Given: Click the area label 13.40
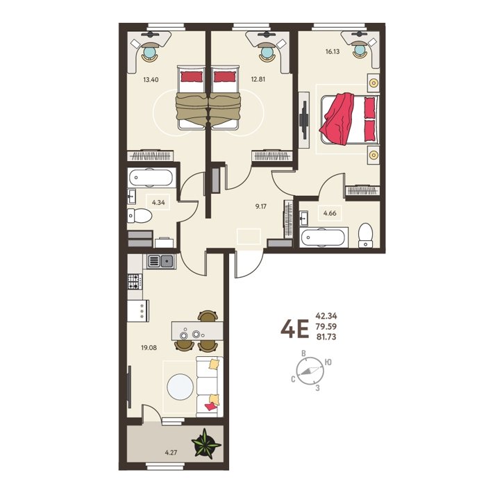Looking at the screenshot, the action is [x=151, y=80].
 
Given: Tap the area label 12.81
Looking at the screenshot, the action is [x=258, y=79].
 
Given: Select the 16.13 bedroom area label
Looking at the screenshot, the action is [x=333, y=51].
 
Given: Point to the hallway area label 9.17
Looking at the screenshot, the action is [x=261, y=206].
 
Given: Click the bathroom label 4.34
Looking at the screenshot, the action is [x=158, y=203].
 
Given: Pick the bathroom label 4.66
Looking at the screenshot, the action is [x=330, y=213].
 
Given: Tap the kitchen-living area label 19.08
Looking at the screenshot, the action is [x=149, y=348].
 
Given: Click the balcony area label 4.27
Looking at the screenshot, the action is [x=171, y=453].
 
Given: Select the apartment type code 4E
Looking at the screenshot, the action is [x=295, y=329].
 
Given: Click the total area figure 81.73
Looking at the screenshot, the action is [x=326, y=337].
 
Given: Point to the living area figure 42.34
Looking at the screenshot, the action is [x=326, y=316].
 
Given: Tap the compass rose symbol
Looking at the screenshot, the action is [x=310, y=371].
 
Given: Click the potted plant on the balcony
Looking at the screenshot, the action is [x=206, y=444].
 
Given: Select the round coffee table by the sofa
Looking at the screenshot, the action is [x=180, y=387].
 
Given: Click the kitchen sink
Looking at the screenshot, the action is [x=160, y=260].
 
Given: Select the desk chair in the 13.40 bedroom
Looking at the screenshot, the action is [x=150, y=53].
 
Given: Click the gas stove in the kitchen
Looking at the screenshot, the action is [x=135, y=282].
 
